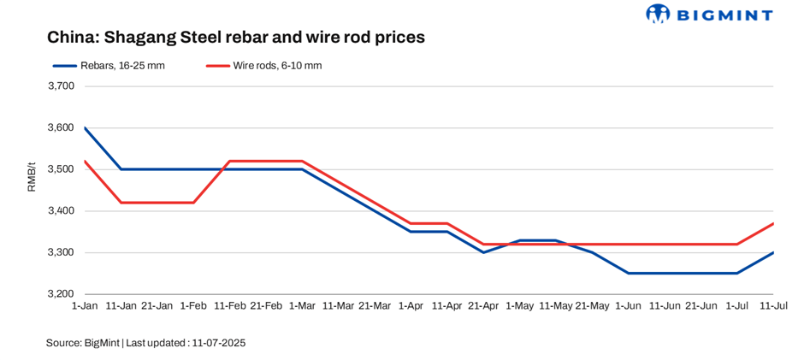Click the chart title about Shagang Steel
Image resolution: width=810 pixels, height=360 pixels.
235,38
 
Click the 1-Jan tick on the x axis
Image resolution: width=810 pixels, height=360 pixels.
85,306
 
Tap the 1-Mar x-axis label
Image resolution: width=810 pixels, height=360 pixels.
302,306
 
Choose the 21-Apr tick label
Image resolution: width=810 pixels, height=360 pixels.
482,306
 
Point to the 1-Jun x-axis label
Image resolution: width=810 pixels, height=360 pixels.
628,306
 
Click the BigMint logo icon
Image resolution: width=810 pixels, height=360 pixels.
659,14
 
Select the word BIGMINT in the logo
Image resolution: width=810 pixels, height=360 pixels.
726,15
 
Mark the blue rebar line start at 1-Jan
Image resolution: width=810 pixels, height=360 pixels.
85,127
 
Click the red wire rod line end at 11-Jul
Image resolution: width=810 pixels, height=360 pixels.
773,224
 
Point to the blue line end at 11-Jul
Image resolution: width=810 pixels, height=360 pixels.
773,252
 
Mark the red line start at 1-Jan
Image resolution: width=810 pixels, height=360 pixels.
85,161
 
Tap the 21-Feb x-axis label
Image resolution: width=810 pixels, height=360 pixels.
266,306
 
